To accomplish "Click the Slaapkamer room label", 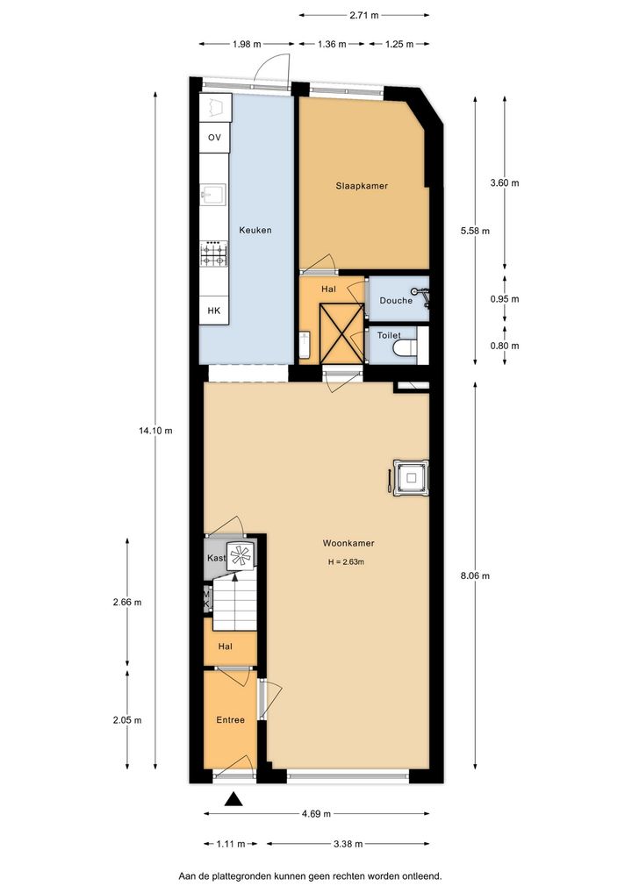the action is coord(362,186).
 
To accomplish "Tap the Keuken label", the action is coord(255,230).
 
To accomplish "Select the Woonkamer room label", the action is coord(348,543).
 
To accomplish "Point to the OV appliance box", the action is coord(214,137).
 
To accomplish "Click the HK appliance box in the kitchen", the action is coord(213,311).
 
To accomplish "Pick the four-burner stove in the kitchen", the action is coord(213,254).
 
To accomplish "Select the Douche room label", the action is coord(396,301).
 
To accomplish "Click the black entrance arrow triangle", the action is coord(233,799).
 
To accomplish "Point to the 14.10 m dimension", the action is coord(155,431).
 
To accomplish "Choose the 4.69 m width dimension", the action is coord(316,813).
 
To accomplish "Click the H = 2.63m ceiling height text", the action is coord(346,562).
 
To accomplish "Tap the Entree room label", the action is coord(230,720).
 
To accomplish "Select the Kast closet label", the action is coord(216,558).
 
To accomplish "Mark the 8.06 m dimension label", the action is coord(475,575).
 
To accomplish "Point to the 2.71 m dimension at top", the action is coord(364,16).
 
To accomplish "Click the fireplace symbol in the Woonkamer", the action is coord(410,477).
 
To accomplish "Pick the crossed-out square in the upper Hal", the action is coord(341,333).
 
